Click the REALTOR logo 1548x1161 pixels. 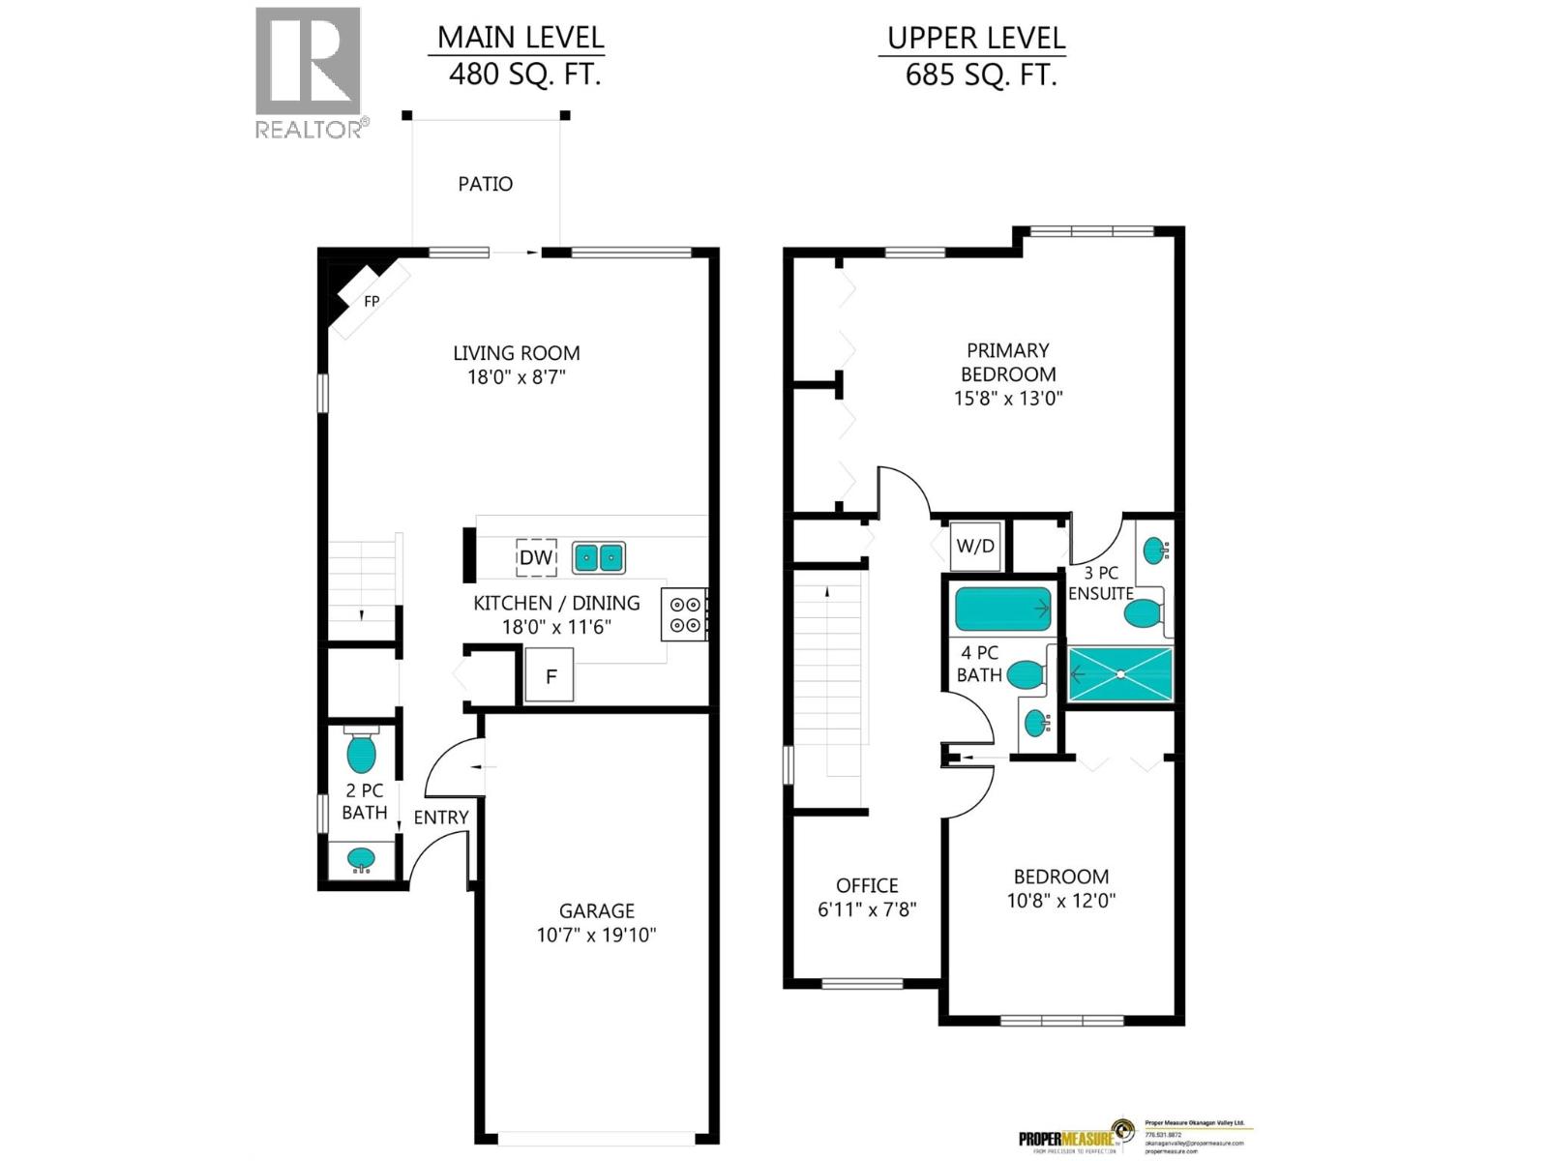coord(308,73)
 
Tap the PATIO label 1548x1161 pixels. coord(485,184)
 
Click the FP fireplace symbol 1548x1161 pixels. coord(371,301)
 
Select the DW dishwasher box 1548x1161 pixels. coord(536,557)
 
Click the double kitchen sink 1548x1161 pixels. coord(599,558)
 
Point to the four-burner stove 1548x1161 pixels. coord(685,613)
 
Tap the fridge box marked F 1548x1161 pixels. coord(550,675)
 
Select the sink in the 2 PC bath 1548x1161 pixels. coord(361,859)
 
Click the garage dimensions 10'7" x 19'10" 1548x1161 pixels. coord(596,935)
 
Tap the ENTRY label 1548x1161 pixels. coord(440,818)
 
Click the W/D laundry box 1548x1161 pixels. coord(975,547)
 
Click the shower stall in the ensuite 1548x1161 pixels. coord(1119,674)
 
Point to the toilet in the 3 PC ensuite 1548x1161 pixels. coord(1145,612)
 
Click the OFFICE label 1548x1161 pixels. coord(867,885)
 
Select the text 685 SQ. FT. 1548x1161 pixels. coord(980,74)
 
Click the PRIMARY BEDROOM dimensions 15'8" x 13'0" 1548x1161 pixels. coord(1008,398)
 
